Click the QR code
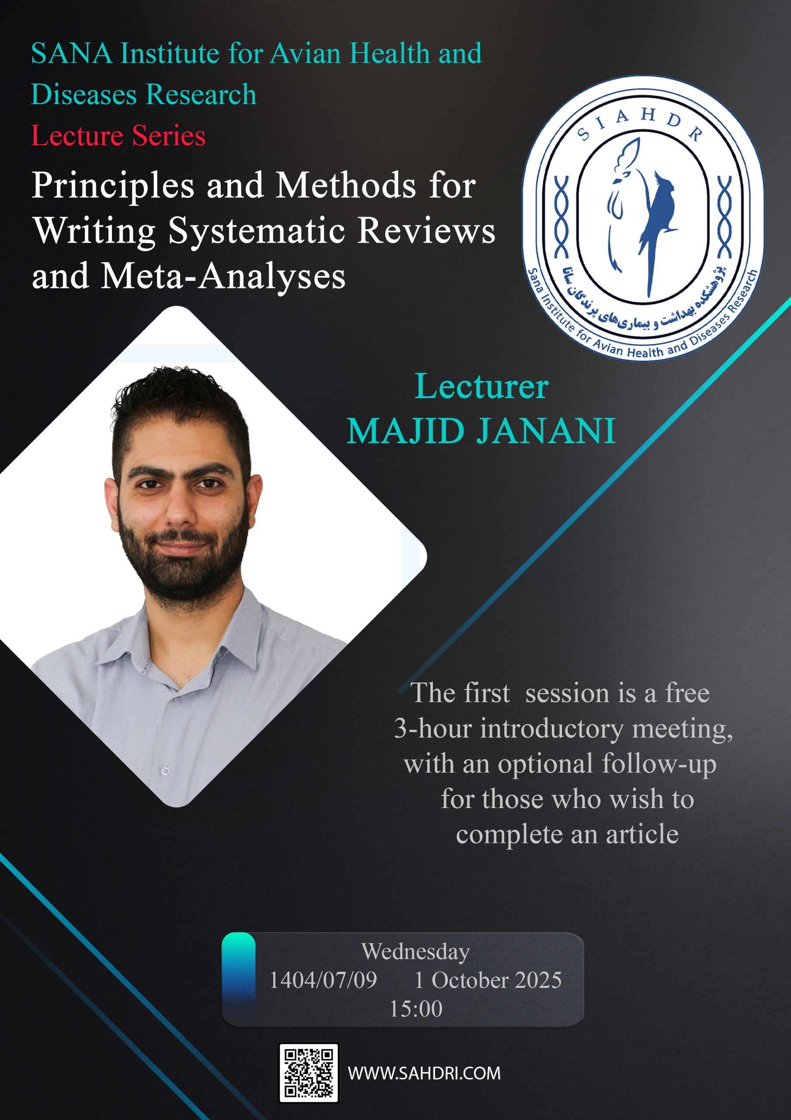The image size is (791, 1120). coord(309,1073)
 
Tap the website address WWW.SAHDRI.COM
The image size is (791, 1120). coord(424,1073)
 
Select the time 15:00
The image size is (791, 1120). coord(416,1009)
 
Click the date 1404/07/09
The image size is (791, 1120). coord(323,980)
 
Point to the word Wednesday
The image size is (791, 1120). coord(415,952)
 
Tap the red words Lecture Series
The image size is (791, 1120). coord(118,135)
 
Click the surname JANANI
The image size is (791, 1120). coord(546,431)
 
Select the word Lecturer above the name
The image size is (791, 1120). coord(482,386)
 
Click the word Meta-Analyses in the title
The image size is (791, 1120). coord(223,276)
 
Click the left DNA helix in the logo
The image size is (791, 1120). coord(562,217)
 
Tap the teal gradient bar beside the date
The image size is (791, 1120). coord(238,977)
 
